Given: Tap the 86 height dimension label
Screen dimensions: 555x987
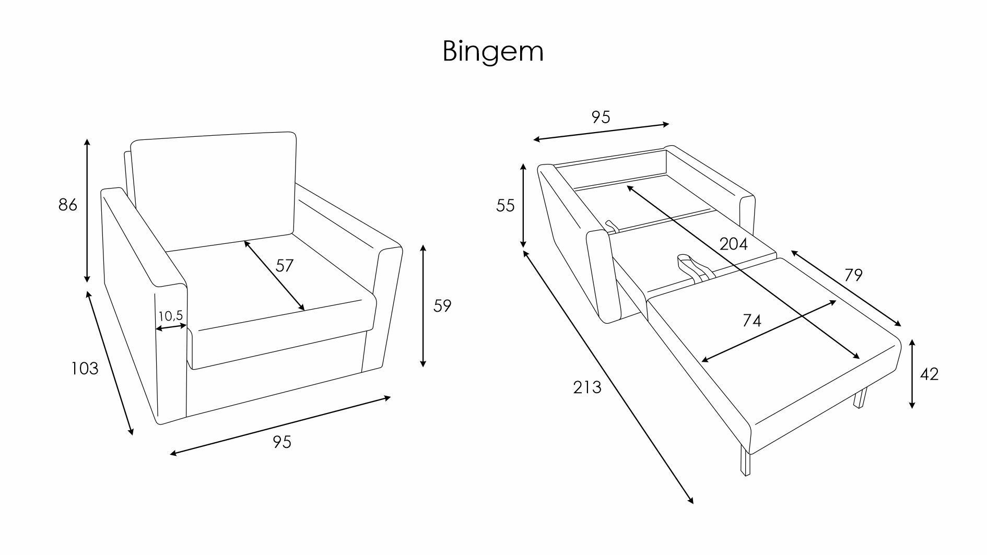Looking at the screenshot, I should pyautogui.click(x=68, y=205).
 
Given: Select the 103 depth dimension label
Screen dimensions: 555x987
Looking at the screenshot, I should pyautogui.click(x=85, y=369).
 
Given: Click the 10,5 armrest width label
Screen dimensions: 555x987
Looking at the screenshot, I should pyautogui.click(x=170, y=315).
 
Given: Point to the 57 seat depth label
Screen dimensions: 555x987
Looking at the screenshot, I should pyautogui.click(x=285, y=266).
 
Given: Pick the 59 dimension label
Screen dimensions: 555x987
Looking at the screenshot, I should pyautogui.click(x=442, y=306).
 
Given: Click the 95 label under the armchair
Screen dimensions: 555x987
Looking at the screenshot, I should pyautogui.click(x=282, y=442).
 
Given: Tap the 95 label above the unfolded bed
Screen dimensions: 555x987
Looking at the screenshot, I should pyautogui.click(x=601, y=117).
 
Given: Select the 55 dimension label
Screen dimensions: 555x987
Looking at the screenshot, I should pyautogui.click(x=505, y=206).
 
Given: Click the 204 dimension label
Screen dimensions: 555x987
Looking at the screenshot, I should pyautogui.click(x=733, y=244).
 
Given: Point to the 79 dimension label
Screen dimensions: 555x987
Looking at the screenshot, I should pyautogui.click(x=853, y=275).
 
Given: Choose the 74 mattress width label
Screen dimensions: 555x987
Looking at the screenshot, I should pyautogui.click(x=751, y=321).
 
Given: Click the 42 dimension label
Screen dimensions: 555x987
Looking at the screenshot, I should pyautogui.click(x=929, y=374).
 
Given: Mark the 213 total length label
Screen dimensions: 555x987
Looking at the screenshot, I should pyautogui.click(x=587, y=387).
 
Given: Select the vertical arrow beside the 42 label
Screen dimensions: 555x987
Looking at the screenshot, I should pyautogui.click(x=912, y=373).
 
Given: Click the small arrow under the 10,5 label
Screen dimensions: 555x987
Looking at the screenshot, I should pyautogui.click(x=171, y=327).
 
